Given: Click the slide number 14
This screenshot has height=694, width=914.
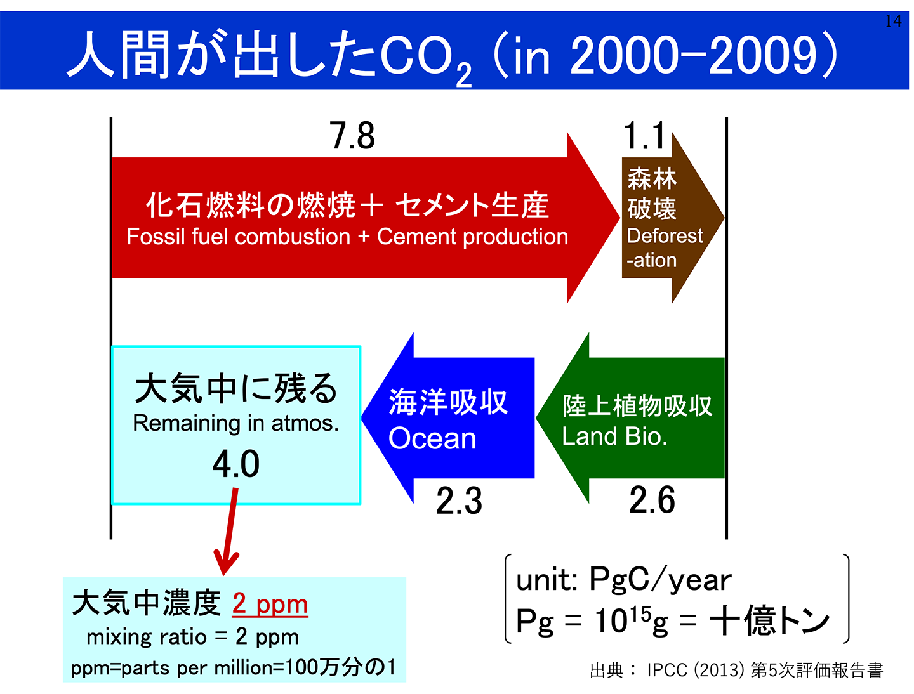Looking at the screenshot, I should tap(893, 21).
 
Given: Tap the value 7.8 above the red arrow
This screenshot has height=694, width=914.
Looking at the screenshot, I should tap(352, 136).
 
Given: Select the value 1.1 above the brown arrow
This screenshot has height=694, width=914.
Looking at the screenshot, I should tap(644, 136).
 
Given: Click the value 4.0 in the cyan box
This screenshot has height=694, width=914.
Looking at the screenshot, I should tap(236, 464).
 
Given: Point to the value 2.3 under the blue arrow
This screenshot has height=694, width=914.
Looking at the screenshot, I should tap(459, 501).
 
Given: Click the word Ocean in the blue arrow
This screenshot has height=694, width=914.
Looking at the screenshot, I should tap(432, 438).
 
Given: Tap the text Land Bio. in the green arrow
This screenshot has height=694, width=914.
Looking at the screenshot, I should tap(614, 436).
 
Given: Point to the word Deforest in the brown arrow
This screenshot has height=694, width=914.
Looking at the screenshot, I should tap(665, 236).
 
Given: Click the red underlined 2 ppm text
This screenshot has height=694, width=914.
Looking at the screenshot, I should tap(270, 603).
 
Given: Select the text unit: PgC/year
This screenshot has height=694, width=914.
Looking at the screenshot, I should tap(623, 579).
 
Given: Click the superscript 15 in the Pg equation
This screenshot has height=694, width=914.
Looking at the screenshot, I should tap(641, 613).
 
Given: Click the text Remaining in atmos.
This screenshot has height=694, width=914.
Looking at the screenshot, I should tap(235, 423).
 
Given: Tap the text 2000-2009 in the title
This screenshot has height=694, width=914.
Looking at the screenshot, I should tap(693, 56).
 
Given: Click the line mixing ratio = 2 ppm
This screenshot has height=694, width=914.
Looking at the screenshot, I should tap(192, 636).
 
